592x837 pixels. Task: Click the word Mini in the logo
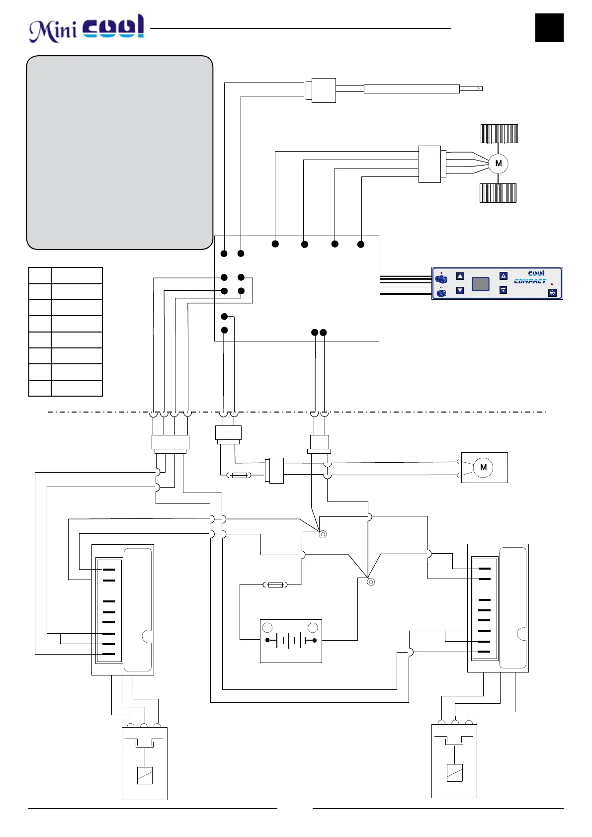point(53,31)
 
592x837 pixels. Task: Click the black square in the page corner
point(549,28)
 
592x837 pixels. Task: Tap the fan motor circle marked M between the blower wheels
point(498,164)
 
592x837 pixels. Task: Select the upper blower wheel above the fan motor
point(499,134)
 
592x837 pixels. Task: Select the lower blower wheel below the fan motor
point(498,193)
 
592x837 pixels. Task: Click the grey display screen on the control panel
point(480,284)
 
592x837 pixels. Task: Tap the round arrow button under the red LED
point(552,293)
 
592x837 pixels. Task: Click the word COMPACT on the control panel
point(530,281)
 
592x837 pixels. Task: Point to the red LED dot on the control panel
point(552,284)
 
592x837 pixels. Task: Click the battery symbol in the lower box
point(291,641)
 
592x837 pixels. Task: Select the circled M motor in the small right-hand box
point(483,468)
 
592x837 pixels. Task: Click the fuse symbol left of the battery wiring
point(275,585)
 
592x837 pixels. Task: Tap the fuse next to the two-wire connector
point(239,476)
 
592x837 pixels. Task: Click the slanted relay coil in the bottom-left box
point(145,775)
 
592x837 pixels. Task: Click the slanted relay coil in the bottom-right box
point(454,773)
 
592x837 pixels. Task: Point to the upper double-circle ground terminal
point(323,535)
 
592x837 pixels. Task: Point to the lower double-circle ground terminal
point(370,582)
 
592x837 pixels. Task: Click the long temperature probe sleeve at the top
point(411,89)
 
